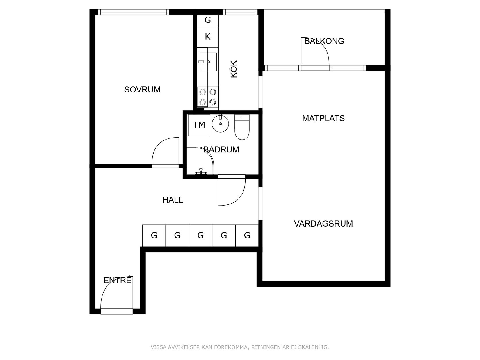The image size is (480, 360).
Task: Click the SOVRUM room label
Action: coord(142,90)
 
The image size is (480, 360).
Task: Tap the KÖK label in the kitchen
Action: coord(234,69)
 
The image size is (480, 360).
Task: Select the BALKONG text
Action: coord(324,41)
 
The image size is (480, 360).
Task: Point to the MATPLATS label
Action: coord(323,118)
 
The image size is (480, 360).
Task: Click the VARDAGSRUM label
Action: coord(323,224)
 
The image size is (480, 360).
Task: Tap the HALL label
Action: coord(173,200)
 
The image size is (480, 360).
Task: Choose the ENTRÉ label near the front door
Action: coord(118,280)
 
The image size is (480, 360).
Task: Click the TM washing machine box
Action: coord(199,125)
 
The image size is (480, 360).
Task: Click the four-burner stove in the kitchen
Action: coord(208,97)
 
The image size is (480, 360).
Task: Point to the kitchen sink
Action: coord(208,62)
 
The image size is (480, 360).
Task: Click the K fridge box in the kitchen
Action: coord(207,37)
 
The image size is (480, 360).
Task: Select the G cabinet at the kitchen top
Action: coord(207,20)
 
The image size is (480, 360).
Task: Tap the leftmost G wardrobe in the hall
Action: coord(154,235)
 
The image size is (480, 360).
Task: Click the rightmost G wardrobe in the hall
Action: coord(247,235)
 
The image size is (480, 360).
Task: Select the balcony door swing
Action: coord(316,51)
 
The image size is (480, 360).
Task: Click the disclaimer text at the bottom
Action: coord(240,347)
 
